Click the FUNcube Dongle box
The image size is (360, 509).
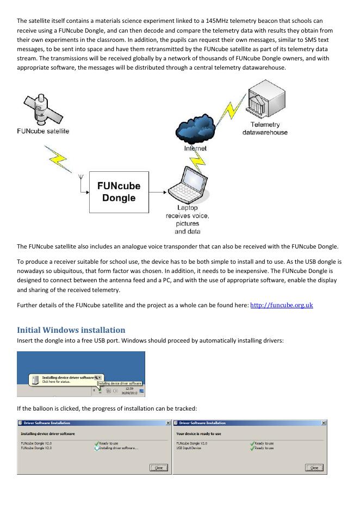click(119, 192)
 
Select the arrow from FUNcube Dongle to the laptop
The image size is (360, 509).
click(156, 192)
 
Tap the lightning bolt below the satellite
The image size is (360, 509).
click(59, 156)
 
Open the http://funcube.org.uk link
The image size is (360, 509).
click(281, 305)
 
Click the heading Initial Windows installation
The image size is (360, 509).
click(71, 330)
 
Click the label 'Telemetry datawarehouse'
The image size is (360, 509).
click(265, 129)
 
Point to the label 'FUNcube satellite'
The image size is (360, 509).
click(43, 131)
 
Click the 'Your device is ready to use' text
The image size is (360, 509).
click(199, 434)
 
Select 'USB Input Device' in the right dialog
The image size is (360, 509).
click(189, 448)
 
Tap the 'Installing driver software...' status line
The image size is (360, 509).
click(119, 448)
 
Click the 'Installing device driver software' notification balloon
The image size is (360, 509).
click(67, 378)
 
